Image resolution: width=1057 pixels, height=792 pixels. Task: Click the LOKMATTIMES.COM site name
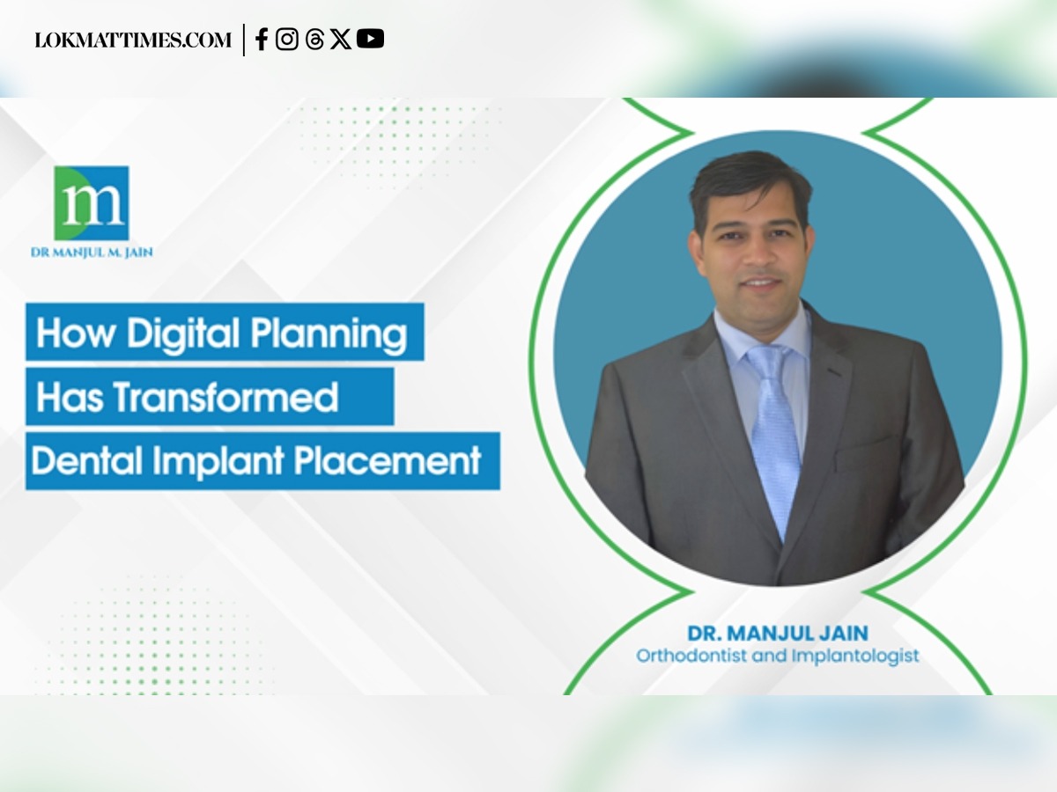click(133, 40)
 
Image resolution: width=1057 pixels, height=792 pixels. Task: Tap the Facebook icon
click(262, 39)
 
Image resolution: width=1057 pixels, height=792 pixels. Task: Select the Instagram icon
click(287, 39)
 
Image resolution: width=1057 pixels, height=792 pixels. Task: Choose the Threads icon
click(314, 39)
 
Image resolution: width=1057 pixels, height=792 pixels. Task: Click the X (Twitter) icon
click(341, 39)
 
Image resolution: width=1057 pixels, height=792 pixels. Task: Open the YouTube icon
click(370, 39)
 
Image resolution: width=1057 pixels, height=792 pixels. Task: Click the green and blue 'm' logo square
click(92, 203)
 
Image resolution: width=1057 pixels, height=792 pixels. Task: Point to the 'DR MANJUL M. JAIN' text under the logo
click(92, 253)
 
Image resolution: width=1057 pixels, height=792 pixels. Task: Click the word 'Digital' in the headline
click(183, 334)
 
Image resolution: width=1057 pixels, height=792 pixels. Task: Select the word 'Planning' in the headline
click(329, 334)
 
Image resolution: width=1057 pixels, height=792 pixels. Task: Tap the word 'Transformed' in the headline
click(225, 397)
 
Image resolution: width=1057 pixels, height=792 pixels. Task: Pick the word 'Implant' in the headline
click(218, 462)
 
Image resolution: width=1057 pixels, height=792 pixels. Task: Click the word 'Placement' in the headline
click(388, 461)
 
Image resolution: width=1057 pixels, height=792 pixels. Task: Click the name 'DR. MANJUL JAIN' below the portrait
click(778, 634)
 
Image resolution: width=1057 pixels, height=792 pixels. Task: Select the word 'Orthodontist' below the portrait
click(691, 656)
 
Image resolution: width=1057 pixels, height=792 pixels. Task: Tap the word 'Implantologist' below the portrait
click(855, 656)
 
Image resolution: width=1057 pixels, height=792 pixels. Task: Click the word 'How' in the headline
click(76, 333)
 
